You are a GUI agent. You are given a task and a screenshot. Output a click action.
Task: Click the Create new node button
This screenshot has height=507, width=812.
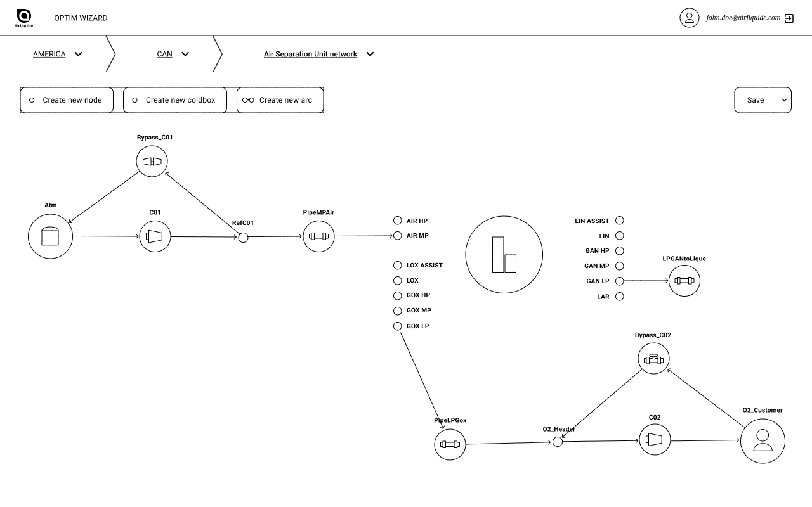[x=67, y=100]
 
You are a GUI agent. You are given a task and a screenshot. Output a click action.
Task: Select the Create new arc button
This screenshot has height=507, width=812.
[x=280, y=100]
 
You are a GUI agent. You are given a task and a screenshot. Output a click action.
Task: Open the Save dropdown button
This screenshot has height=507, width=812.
[x=763, y=100]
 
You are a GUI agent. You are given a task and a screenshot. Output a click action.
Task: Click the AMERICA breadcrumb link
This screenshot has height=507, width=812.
[x=49, y=54]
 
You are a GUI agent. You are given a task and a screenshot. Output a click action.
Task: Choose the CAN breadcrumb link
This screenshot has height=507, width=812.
[x=164, y=54]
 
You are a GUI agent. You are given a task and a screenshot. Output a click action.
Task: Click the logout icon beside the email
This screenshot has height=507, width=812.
[x=789, y=18]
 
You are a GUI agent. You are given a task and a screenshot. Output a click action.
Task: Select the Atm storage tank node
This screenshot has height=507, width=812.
[x=50, y=236]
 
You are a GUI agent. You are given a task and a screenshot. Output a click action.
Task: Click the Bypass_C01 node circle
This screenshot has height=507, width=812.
[x=152, y=161]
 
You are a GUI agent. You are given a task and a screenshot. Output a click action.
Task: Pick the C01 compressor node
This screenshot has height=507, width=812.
[x=155, y=236]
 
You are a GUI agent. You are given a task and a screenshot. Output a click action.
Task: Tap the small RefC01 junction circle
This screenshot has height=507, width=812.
[x=243, y=238]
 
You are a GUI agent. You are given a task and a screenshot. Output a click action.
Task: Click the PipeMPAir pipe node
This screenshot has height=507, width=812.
[x=318, y=236]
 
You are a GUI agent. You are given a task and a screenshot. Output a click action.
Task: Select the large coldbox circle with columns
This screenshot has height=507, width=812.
[x=504, y=255]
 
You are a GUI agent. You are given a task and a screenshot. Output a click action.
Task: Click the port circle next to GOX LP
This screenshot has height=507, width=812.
[x=398, y=326]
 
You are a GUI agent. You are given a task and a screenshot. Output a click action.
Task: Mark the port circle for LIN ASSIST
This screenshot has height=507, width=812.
[x=620, y=221]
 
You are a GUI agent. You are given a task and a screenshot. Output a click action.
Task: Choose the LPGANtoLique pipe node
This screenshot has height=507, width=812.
[x=684, y=281]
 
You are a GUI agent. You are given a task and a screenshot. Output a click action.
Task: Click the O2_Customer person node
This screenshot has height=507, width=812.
[x=763, y=441]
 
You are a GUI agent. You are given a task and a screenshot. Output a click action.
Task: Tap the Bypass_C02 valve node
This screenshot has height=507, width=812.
[x=653, y=359]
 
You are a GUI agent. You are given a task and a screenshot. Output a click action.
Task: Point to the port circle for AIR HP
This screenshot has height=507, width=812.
[x=398, y=221]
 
